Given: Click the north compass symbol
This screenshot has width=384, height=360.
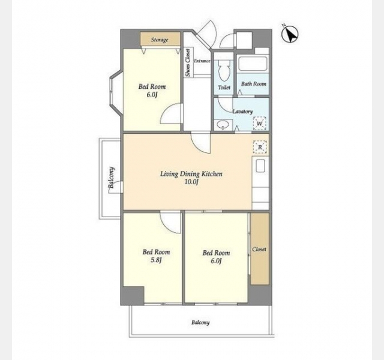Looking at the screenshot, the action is tap(290, 34).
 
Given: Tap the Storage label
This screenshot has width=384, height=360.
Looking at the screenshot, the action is tap(160, 40).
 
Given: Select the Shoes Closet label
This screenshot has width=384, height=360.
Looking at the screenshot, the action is tap(188, 62).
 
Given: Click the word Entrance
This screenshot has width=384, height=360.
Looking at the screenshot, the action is tap(202, 61).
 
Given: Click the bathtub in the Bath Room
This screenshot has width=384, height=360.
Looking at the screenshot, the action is tap(252, 64).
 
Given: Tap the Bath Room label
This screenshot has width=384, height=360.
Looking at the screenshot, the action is tap(253, 84).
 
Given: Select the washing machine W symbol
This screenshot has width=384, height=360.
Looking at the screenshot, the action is tap(259, 123).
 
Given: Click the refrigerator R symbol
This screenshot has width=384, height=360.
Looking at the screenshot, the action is tap(260, 147).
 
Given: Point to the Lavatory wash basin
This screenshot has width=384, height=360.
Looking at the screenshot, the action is tap(223, 125).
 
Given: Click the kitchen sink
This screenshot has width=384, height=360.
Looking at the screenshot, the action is tap(260, 166).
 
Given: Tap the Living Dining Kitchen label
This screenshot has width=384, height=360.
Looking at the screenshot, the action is tap(191, 174).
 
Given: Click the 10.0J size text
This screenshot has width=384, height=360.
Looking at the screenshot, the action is tap(191, 182).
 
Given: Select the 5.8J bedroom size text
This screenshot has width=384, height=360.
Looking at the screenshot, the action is tap(156, 260).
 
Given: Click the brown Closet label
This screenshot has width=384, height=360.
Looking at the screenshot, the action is tap(259, 250).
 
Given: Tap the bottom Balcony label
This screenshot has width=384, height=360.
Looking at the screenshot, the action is tap(200, 322).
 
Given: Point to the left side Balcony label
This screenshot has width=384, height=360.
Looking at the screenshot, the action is tap(112, 178).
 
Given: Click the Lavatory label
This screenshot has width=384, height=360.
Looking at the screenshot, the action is tap(242, 112).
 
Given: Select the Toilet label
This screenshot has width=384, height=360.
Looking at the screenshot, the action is tap(224, 87).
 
